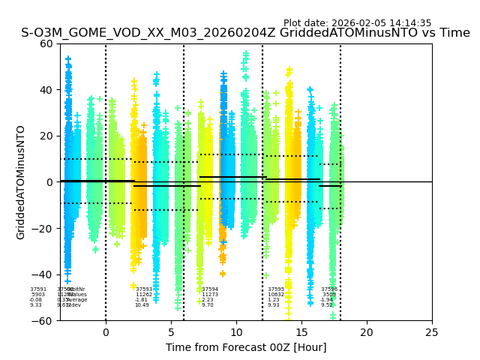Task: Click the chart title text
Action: point(245,33)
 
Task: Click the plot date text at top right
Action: point(357,23)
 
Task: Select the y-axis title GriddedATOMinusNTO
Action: point(21,182)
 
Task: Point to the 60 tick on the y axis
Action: point(46,43)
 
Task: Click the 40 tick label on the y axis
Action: point(46,90)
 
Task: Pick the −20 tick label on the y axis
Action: point(42,229)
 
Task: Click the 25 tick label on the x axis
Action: point(432,332)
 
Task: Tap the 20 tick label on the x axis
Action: point(367,332)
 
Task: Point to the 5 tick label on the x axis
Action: point(171,332)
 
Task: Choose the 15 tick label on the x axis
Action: point(301,332)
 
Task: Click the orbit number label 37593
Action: point(144,289)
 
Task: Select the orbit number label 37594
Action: point(210,289)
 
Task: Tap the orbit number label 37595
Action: point(276,289)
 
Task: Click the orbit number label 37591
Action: point(38,289)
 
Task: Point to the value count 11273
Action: point(210,295)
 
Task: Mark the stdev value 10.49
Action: point(142,305)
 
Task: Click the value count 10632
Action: point(276,295)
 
